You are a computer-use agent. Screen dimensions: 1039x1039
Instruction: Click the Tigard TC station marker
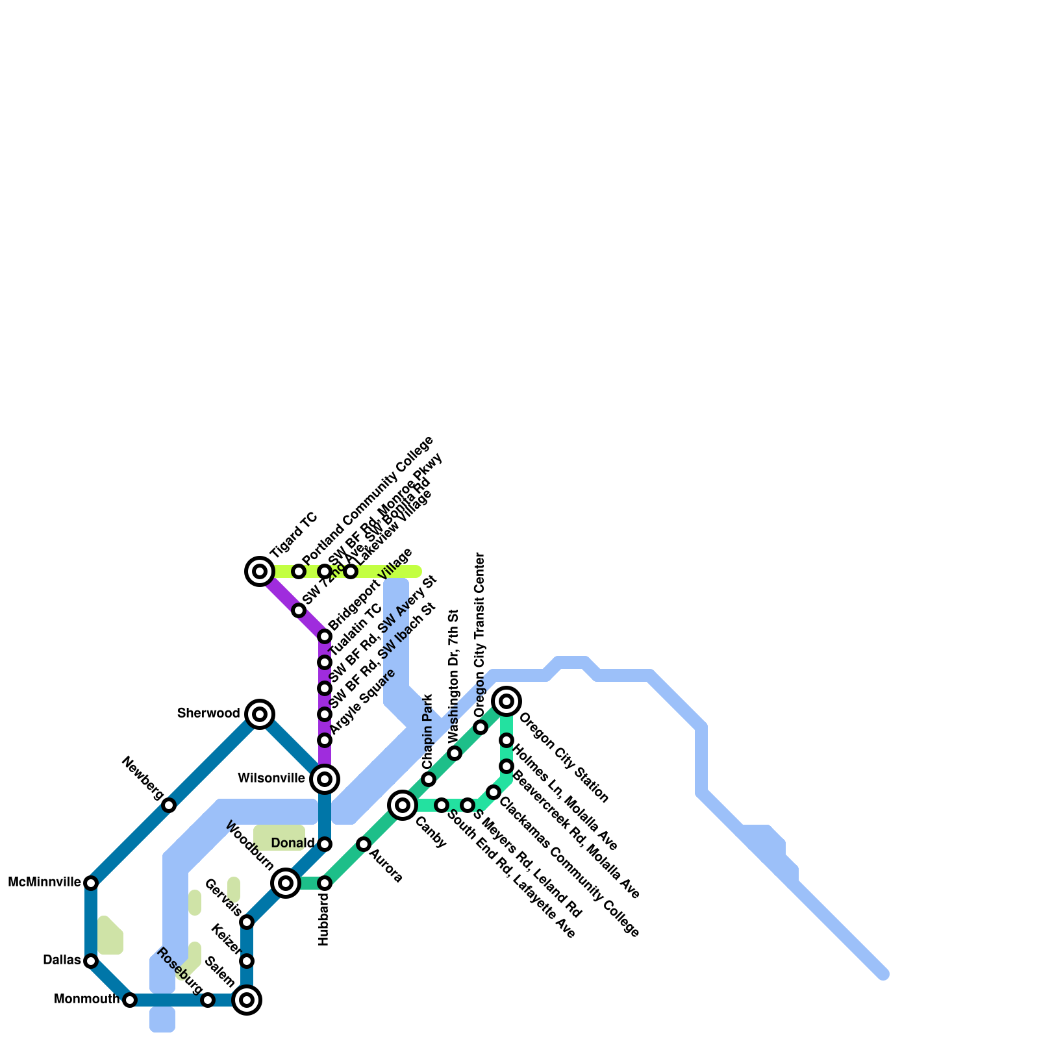pyautogui.click(x=260, y=571)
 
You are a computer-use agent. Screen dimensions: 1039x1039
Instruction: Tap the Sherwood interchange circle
pyautogui.click(x=260, y=714)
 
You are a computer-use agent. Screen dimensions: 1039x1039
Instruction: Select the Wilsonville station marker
pyautogui.click(x=325, y=779)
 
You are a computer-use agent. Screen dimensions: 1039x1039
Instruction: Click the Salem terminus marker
pyautogui.click(x=247, y=1000)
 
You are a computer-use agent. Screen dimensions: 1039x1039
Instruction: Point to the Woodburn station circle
pyautogui.click(x=286, y=883)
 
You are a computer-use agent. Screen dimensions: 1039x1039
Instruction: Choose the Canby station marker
pyautogui.click(x=403, y=805)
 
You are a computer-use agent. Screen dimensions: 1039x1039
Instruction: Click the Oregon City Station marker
pyautogui.click(x=507, y=701)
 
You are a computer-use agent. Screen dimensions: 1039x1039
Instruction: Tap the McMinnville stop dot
pyautogui.click(x=91, y=883)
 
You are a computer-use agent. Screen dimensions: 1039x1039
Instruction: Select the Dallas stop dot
pyautogui.click(x=91, y=961)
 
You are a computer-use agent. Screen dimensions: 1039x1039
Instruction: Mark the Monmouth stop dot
pyautogui.click(x=130, y=1000)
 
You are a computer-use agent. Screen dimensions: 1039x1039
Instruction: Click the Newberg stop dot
pyautogui.click(x=169, y=805)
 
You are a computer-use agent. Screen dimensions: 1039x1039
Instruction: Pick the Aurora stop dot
pyautogui.click(x=364, y=844)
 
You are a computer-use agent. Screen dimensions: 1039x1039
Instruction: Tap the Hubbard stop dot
pyautogui.click(x=325, y=883)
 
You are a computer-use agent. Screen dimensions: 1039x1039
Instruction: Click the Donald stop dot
pyautogui.click(x=325, y=844)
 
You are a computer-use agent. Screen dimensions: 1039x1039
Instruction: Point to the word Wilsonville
pyautogui.click(x=271, y=778)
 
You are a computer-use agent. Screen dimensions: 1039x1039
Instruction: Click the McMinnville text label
pyautogui.click(x=44, y=883)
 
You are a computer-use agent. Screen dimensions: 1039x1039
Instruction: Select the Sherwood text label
pyautogui.click(x=208, y=714)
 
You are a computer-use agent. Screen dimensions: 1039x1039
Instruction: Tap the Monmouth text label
pyautogui.click(x=86, y=999)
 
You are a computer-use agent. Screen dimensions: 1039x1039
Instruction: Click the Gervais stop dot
pyautogui.click(x=247, y=922)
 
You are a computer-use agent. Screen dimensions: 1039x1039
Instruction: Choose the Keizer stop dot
pyautogui.click(x=247, y=961)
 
